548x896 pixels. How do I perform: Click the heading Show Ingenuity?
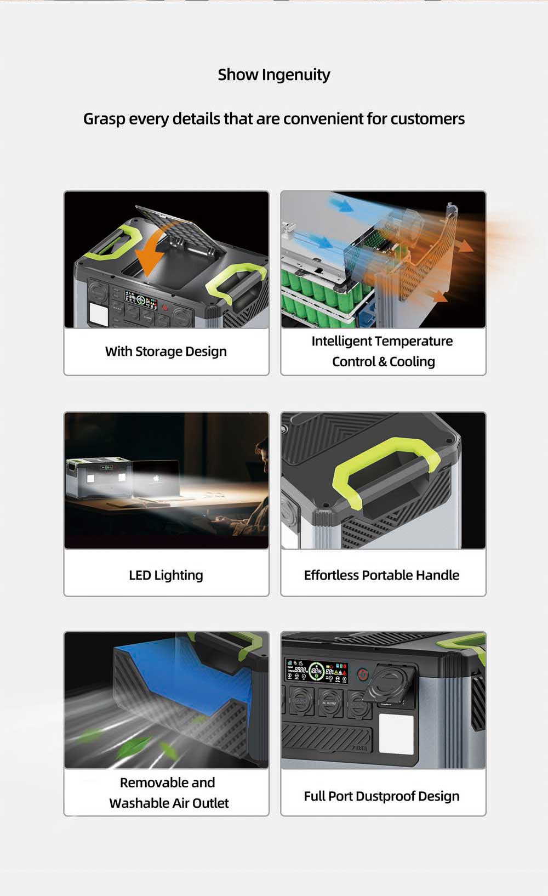coord(274,75)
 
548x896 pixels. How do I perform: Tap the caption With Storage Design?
coord(166,351)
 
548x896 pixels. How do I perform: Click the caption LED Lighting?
coord(166,575)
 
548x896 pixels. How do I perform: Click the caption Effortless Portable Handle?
coord(382,575)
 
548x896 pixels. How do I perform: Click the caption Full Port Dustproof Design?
coord(382,796)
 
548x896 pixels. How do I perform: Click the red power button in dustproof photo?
coord(362,674)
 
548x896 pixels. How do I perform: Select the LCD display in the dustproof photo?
coord(316,671)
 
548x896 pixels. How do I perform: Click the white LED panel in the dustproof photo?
coord(396,734)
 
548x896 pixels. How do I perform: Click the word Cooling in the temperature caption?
coord(412,361)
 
